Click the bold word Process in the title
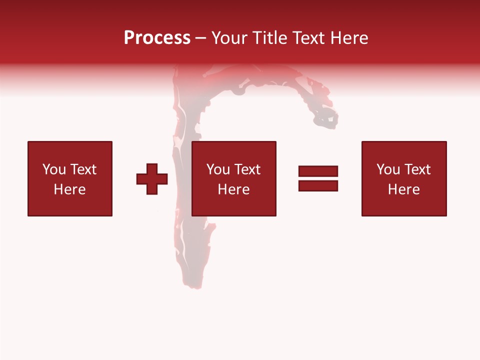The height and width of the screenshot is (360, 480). coord(157,38)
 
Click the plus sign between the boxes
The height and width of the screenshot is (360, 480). coord(152,179)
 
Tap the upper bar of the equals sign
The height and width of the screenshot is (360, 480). coord(318,171)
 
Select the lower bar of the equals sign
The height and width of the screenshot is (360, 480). coord(318,185)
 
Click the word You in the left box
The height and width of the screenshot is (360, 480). coord(54,169)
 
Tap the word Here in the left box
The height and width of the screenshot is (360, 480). coord(69,189)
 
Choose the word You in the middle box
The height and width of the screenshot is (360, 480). coord(218,169)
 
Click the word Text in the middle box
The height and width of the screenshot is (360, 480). coord(247,169)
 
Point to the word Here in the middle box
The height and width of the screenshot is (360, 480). coord(233,189)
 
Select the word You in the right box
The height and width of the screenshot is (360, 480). coord(388,169)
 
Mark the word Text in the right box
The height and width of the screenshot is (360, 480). coord(417,169)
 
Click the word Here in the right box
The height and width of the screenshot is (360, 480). coord(403,189)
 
